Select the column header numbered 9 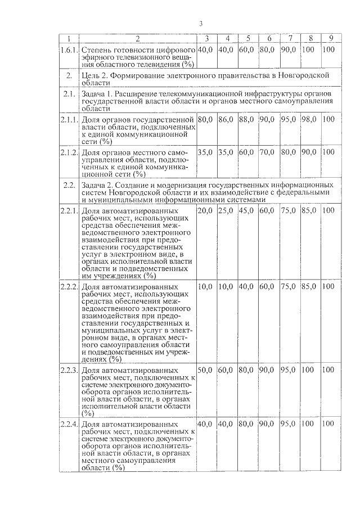pyautogui.click(x=331, y=38)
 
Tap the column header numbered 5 pyautogui.click(x=247, y=38)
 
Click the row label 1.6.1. pyautogui.click(x=69, y=49)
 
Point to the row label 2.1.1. pyautogui.click(x=69, y=120)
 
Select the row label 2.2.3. pyautogui.click(x=69, y=370)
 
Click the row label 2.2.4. pyautogui.click(x=69, y=424)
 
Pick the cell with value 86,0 pyautogui.click(x=226, y=120)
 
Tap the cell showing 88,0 pyautogui.click(x=246, y=120)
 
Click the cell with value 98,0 pyautogui.click(x=309, y=120)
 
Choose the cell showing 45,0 pyautogui.click(x=246, y=210)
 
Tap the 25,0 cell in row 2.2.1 pyautogui.click(x=226, y=210)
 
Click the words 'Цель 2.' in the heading pyautogui.click(x=96, y=75)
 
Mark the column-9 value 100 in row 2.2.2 pyautogui.click(x=330, y=286)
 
